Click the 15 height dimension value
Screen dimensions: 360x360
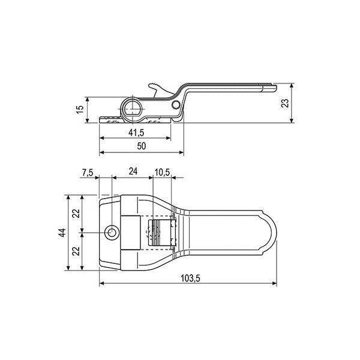coord(79,110)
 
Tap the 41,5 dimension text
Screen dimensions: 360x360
coord(137,131)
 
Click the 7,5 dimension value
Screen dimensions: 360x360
coord(87,172)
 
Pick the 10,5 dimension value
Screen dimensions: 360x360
coord(163,172)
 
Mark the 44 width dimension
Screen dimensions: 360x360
coord(62,233)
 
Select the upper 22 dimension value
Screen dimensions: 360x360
coord(76,214)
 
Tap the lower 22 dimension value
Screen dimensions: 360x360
coord(76,251)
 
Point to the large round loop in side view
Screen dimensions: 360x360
coord(133,109)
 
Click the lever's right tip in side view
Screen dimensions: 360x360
coord(273,88)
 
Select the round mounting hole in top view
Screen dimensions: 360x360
coord(112,233)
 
